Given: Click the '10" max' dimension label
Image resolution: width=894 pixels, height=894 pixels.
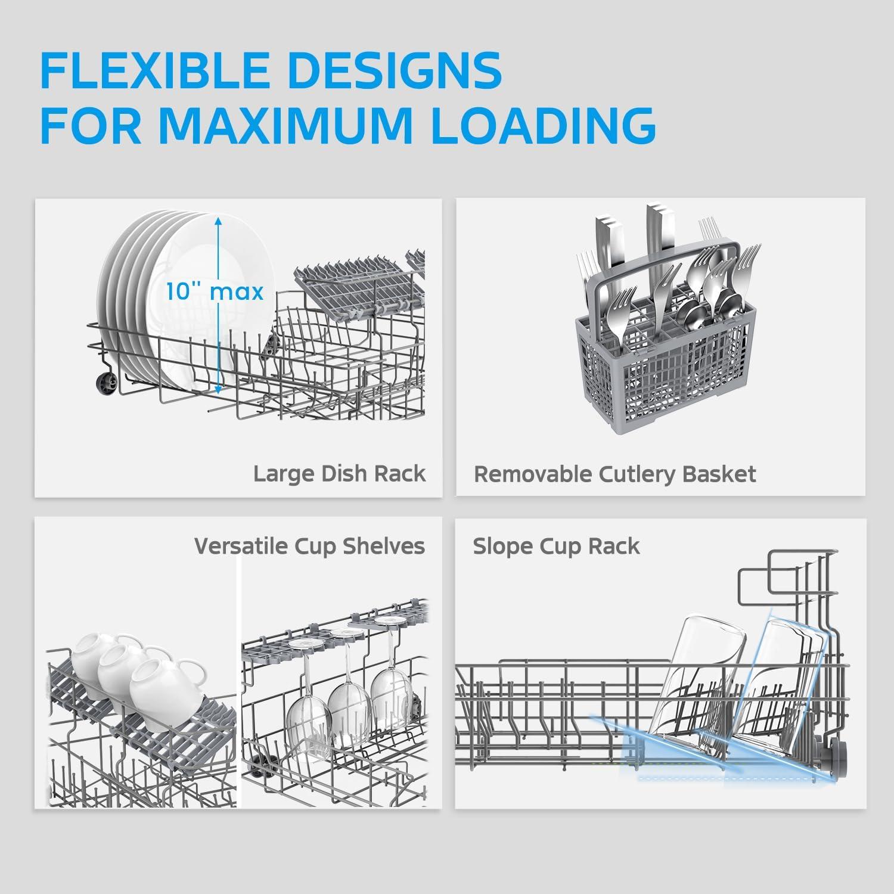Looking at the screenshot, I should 215,292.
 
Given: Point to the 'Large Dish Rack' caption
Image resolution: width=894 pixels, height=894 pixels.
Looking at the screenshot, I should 339,474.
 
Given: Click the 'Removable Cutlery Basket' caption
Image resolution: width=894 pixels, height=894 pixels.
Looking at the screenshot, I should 614,474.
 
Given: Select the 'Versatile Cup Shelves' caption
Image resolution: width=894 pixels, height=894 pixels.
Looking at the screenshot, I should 309,547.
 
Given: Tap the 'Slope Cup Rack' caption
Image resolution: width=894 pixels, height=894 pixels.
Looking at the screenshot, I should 556,547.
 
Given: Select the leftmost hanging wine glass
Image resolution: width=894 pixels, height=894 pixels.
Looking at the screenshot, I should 309,709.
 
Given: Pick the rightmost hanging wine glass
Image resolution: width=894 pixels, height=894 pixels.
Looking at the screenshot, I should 389,685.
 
